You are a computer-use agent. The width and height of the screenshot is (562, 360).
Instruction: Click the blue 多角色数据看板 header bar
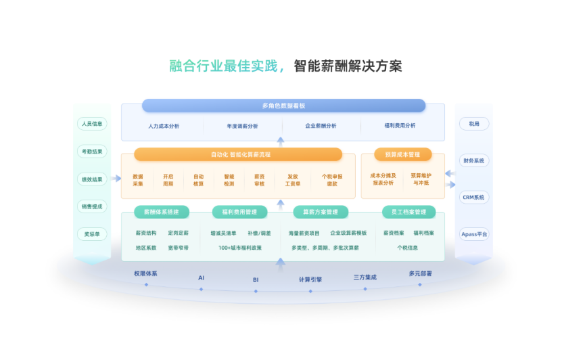tap(283, 106)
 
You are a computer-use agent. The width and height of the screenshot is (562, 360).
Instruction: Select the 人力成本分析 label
tap(163, 126)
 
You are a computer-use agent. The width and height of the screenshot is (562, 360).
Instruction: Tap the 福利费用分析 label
tap(400, 126)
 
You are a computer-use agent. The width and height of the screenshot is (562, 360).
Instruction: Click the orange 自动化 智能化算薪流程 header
tap(238, 154)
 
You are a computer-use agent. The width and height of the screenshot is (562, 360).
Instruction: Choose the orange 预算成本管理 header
tap(402, 154)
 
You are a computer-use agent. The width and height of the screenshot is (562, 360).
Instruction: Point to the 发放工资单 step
tap(292, 179)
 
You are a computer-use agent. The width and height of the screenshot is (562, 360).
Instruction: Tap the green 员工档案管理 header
tap(408, 212)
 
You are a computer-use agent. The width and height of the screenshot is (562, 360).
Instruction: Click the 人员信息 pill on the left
tap(91, 124)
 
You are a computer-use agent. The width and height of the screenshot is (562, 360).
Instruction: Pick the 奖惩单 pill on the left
tap(91, 234)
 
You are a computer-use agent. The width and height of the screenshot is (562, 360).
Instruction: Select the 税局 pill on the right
tap(473, 124)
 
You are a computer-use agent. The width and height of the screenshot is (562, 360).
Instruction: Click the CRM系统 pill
tap(473, 198)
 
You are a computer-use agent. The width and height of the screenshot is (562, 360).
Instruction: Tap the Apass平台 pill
tap(473, 234)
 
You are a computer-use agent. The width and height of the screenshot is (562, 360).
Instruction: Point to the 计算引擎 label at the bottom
tap(310, 279)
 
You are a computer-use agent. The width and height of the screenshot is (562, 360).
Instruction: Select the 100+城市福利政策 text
tap(240, 248)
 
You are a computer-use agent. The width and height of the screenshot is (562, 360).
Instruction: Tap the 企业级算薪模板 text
tap(348, 233)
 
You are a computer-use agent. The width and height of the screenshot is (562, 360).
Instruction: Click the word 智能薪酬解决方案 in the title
tap(348, 66)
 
